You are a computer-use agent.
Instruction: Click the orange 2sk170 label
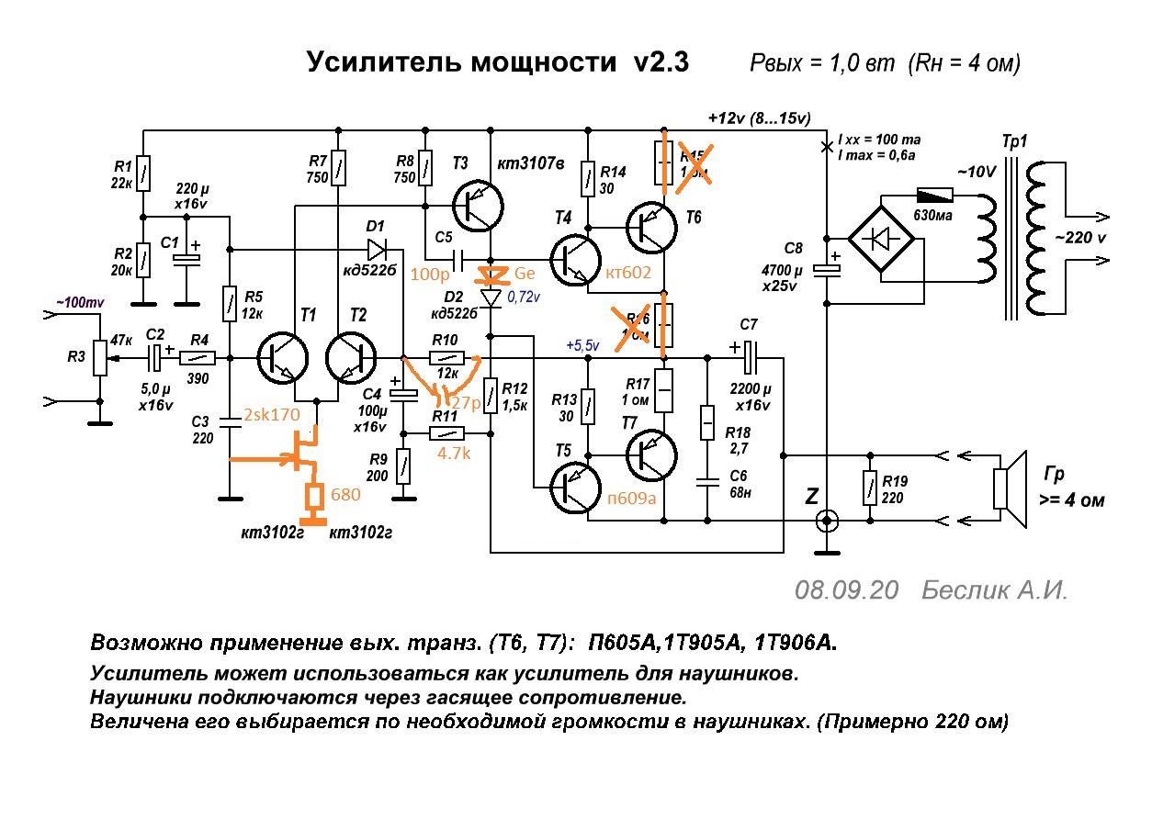click(x=273, y=415)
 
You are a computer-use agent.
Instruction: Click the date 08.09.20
click(x=846, y=589)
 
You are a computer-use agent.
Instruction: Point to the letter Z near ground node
click(x=811, y=496)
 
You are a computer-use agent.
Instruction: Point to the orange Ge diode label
click(x=525, y=274)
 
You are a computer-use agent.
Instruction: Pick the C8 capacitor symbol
click(x=828, y=268)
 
